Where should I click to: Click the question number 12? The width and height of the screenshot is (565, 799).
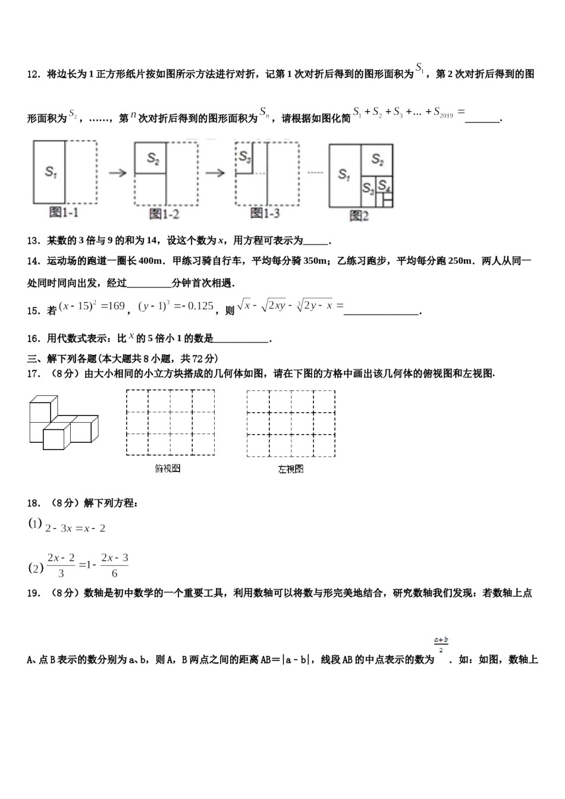click(x=34, y=74)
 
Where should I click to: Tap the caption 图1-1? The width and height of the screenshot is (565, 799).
click(x=64, y=213)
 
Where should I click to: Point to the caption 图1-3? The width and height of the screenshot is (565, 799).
click(x=265, y=213)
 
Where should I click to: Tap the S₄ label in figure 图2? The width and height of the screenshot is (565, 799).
click(x=385, y=185)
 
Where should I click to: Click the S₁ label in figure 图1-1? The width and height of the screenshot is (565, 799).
click(x=51, y=172)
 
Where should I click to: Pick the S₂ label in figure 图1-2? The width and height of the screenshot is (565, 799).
click(x=153, y=158)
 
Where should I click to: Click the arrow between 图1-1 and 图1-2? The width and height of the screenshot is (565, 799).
click(x=118, y=172)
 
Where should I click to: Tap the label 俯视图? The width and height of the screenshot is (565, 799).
click(x=167, y=468)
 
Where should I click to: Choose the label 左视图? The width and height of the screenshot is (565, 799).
click(x=291, y=469)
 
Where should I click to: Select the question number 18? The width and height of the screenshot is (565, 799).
click(x=34, y=504)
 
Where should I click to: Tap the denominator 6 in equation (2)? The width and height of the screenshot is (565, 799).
click(x=114, y=574)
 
